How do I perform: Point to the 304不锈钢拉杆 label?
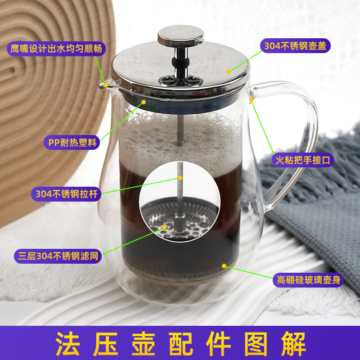click(66, 195)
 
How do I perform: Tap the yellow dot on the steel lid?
click(229, 71)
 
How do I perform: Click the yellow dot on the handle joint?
click(252, 100)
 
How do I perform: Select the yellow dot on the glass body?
click(224, 266)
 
